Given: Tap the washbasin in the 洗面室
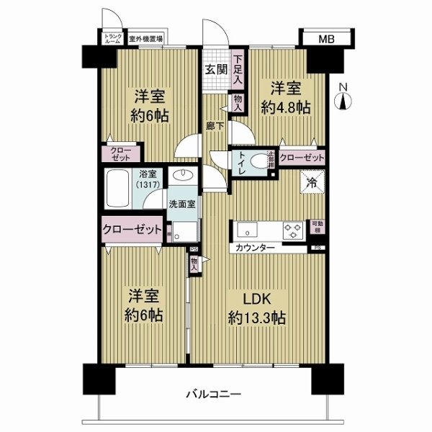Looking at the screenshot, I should pos(183,177).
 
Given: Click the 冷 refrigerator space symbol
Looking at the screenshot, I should pos(312,183).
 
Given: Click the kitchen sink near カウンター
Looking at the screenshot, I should pos(244,231).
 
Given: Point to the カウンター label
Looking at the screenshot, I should pos(253,248).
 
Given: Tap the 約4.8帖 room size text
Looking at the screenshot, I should pos(286,107).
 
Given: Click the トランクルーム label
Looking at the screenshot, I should pos(113,39).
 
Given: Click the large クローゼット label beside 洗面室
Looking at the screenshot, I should pos(132,229).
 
